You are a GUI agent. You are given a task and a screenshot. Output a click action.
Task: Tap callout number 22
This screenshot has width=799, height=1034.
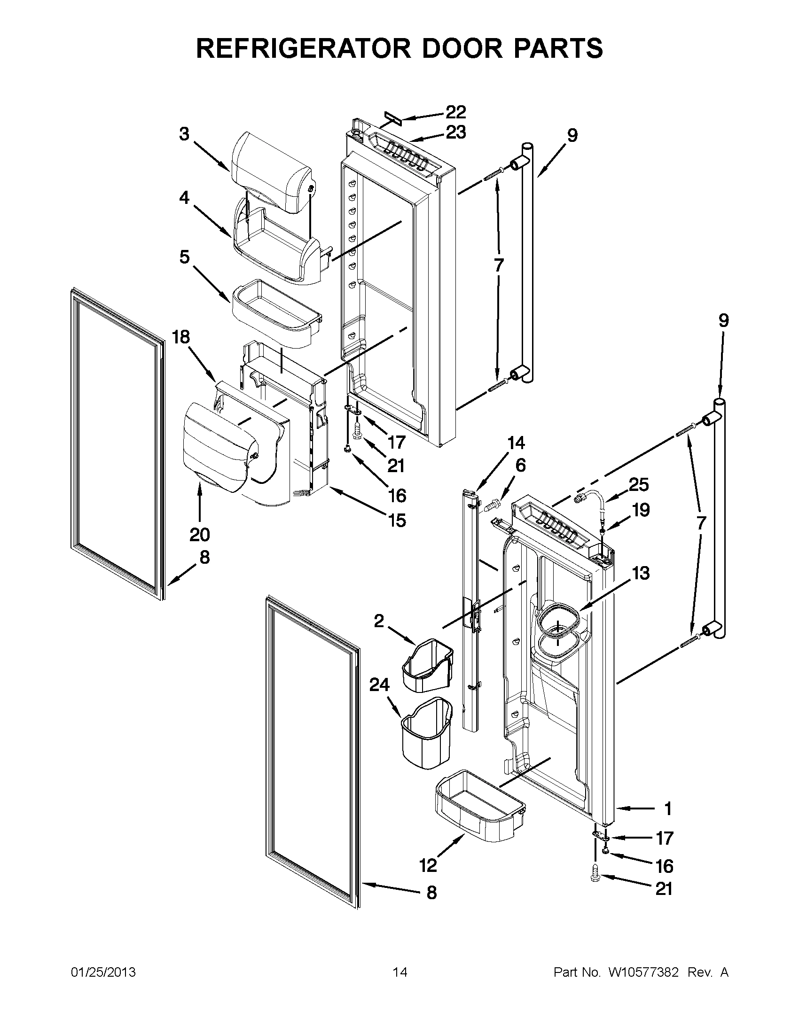point(455,112)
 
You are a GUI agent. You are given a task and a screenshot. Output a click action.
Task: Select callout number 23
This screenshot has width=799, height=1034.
point(455,132)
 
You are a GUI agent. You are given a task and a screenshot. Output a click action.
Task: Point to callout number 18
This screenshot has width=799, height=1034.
point(180,337)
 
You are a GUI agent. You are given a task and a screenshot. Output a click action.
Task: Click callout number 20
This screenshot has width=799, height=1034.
point(199,535)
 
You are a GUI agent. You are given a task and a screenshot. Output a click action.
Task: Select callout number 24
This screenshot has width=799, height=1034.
point(379,684)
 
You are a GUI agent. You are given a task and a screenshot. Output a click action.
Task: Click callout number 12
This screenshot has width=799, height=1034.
point(428,865)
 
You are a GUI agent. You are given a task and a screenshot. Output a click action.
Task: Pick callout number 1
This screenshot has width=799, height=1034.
point(668,809)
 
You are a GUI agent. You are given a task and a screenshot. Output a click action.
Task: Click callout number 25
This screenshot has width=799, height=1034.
point(639,484)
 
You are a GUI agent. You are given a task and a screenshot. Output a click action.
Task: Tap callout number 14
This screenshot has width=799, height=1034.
point(516,443)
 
